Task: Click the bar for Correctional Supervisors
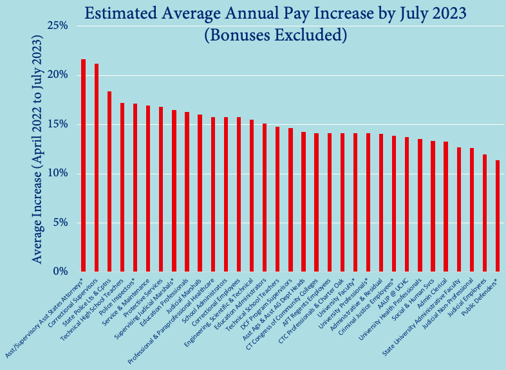coord(97,167)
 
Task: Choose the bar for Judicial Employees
coord(484,213)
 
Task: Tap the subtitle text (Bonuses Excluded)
coord(276,35)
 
